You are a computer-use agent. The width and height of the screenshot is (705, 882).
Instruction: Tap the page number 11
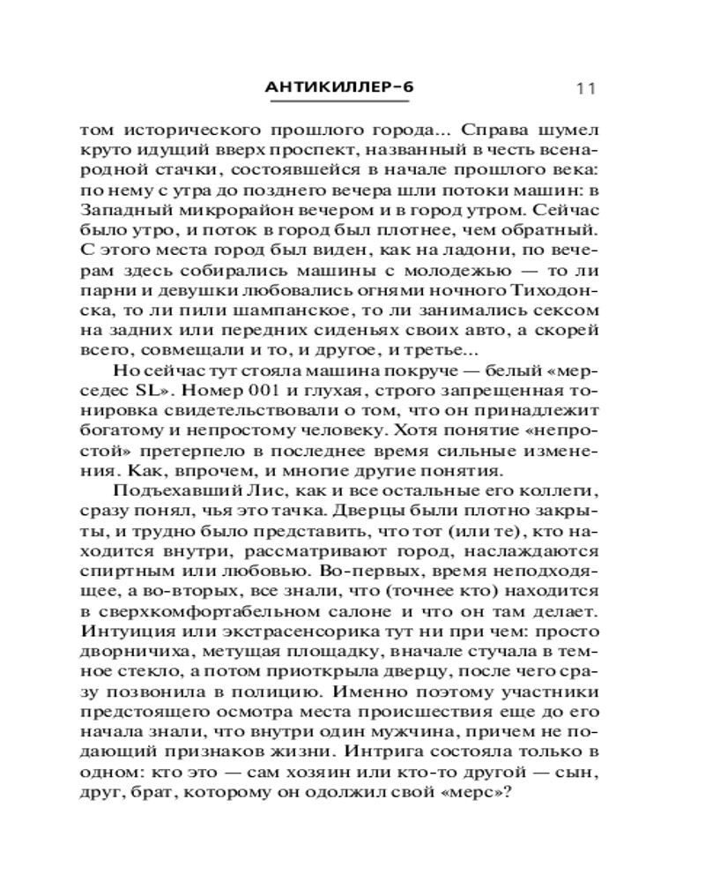coord(586,88)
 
